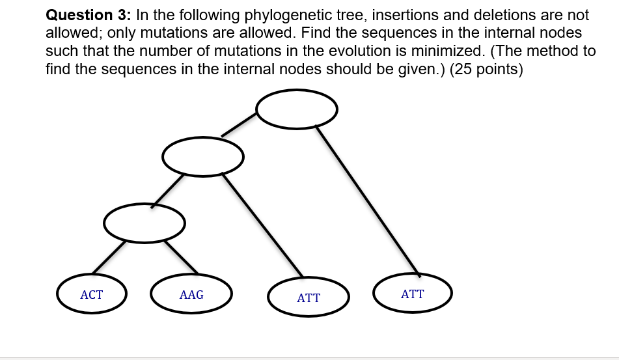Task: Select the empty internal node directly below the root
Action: point(202,156)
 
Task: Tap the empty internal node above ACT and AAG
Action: point(144,223)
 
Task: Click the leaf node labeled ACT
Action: point(91,294)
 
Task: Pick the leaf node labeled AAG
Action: point(191,294)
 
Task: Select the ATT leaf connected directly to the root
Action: point(412,294)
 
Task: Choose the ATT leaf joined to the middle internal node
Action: point(309,298)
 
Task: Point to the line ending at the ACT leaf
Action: point(109,256)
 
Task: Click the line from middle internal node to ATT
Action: point(263,225)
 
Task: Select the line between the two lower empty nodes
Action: point(167,190)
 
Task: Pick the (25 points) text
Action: point(486,69)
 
